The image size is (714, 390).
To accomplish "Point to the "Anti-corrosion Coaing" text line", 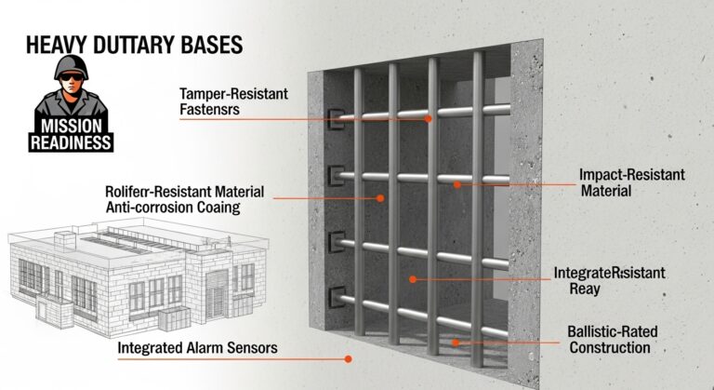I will (173, 208).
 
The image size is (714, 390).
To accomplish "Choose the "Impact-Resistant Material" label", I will (618, 182).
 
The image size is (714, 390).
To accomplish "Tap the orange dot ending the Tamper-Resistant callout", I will (429, 119).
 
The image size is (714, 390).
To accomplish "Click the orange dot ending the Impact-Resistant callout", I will (456, 184).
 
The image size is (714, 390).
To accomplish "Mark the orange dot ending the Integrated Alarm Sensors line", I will (349, 358).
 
